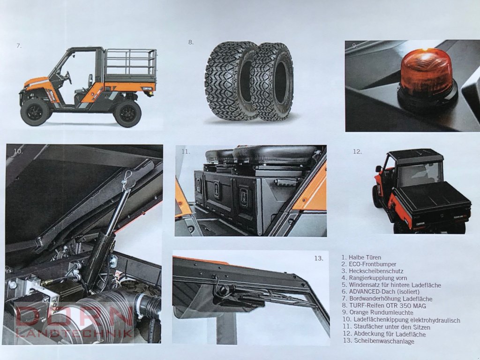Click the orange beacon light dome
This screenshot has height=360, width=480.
[x=426, y=73]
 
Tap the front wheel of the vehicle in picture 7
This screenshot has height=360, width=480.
[x=35, y=111]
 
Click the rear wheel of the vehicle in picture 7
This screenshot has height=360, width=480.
[x=127, y=113]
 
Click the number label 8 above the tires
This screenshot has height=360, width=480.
[x=191, y=42]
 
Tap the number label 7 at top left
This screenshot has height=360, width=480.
[x=19, y=45]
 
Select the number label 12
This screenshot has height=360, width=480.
[x=357, y=151]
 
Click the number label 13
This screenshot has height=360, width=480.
[x=319, y=258]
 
